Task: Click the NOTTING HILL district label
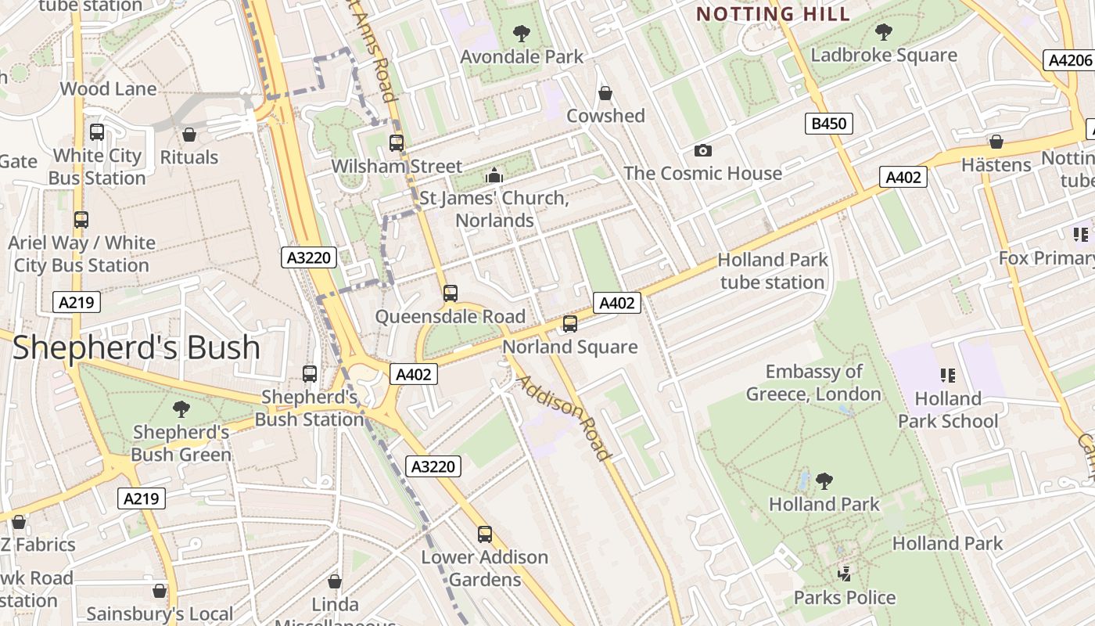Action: (x=773, y=13)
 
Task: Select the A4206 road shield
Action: (x=1069, y=60)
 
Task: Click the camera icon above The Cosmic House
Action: (x=702, y=150)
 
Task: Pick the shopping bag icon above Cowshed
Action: (x=605, y=93)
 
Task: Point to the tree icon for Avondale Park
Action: (x=521, y=34)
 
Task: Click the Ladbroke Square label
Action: (x=884, y=55)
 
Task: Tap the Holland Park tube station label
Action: (x=772, y=271)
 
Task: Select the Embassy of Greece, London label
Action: (x=813, y=383)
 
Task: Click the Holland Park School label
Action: (x=948, y=410)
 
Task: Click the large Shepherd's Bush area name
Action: (x=136, y=347)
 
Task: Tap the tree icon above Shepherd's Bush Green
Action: (x=181, y=408)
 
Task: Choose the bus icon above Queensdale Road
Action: (x=450, y=293)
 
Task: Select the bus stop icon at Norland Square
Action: (x=570, y=324)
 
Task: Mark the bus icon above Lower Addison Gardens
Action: (x=485, y=534)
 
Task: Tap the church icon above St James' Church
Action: (x=494, y=175)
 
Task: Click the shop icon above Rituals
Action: (x=188, y=135)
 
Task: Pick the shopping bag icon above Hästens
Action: (x=996, y=142)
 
